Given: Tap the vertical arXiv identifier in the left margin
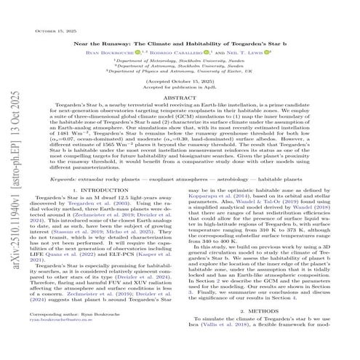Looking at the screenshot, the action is click(10, 182).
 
